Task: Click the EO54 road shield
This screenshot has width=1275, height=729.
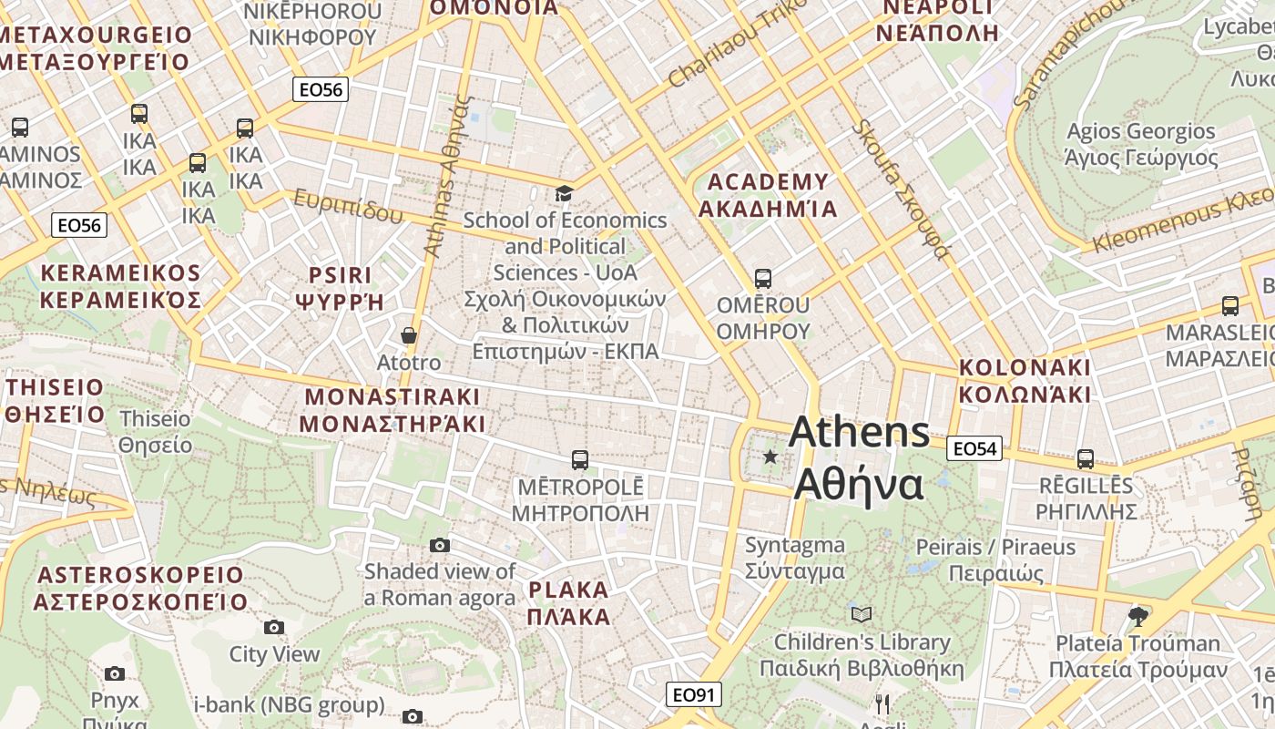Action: pos(974,448)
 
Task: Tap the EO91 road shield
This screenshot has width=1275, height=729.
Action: pos(693,695)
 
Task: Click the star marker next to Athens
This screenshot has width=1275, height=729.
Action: pos(770,456)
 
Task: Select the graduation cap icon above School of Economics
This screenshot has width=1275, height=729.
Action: pos(565,193)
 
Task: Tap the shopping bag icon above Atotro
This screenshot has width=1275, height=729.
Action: pos(410,336)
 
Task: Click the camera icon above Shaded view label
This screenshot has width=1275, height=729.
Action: pos(440,545)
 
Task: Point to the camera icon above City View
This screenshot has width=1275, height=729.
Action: pos(274,627)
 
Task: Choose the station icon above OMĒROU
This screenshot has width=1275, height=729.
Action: pos(763,278)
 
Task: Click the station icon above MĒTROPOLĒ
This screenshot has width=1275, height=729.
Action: pos(580,459)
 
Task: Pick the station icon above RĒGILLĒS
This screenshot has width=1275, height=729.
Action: pos(1086,458)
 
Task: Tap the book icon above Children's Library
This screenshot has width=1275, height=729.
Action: pos(862,614)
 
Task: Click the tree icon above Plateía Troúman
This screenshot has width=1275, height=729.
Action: pos(1137,616)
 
